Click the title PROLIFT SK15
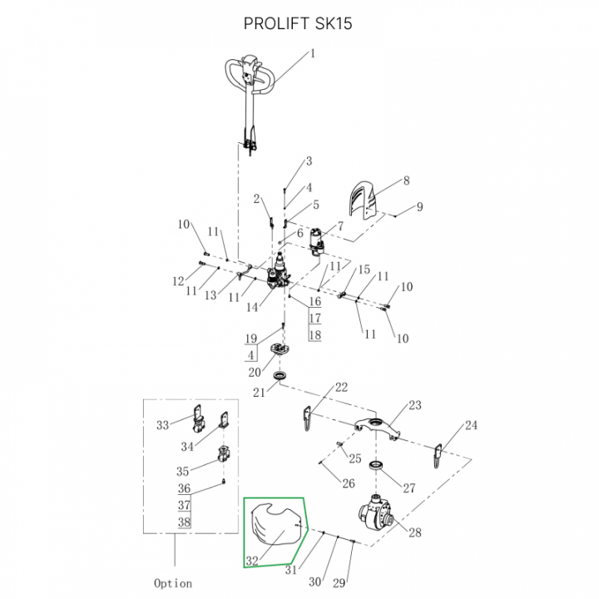click(x=298, y=23)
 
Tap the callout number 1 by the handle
click(x=313, y=54)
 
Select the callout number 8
click(x=406, y=180)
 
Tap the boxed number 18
click(x=314, y=334)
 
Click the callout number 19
click(x=250, y=339)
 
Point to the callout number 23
click(x=414, y=405)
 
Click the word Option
click(x=173, y=583)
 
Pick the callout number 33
click(x=162, y=425)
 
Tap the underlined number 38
click(x=184, y=522)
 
